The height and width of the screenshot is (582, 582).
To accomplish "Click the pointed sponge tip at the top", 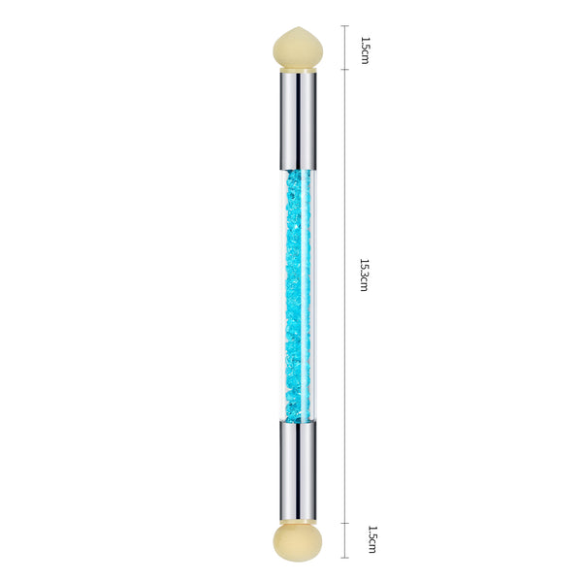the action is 298,48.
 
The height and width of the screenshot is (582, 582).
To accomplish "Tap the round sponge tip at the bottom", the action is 298,542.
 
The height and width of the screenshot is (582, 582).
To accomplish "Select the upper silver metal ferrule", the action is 298,121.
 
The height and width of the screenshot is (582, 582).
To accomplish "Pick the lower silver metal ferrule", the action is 298,471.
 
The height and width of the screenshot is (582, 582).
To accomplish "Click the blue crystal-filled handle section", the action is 298,296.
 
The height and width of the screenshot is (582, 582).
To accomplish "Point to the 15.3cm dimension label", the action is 365,275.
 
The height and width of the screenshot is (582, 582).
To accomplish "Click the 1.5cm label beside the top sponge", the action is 366,50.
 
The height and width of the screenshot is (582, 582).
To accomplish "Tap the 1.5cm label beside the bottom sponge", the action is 372,539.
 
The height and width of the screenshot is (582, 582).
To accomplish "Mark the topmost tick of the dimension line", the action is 344,25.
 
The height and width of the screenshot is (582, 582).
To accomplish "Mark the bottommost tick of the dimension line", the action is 344,558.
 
